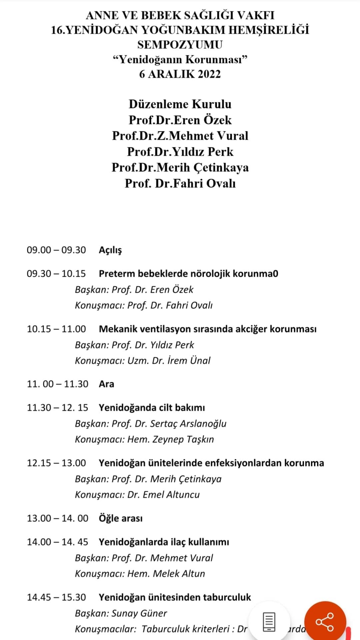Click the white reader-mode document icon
coord(269,621)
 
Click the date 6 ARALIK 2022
coord(180,74)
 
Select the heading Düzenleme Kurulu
coord(180,104)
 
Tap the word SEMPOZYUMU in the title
coord(180,45)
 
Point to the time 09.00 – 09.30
coord(56,250)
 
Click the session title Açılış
coord(110,250)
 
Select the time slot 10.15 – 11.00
coord(56,329)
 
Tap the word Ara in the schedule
coord(106,384)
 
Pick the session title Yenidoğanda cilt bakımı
coord(152,408)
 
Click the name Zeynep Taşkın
coord(183,439)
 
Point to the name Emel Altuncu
coord(171,494)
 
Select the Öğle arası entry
coord(121,518)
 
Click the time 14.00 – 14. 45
coord(57,542)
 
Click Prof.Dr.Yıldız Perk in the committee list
coord(180,152)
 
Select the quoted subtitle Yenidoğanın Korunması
coord(180,59)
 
